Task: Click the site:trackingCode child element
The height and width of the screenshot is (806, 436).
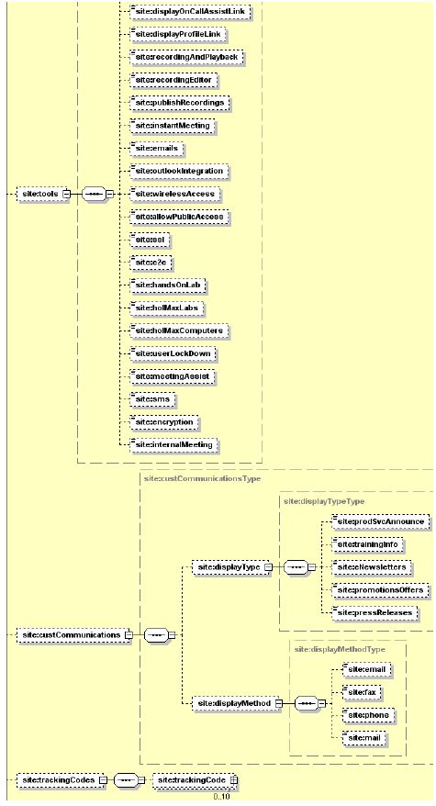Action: pyautogui.click(x=188, y=779)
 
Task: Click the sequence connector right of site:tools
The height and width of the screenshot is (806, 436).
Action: pyautogui.click(x=92, y=194)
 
